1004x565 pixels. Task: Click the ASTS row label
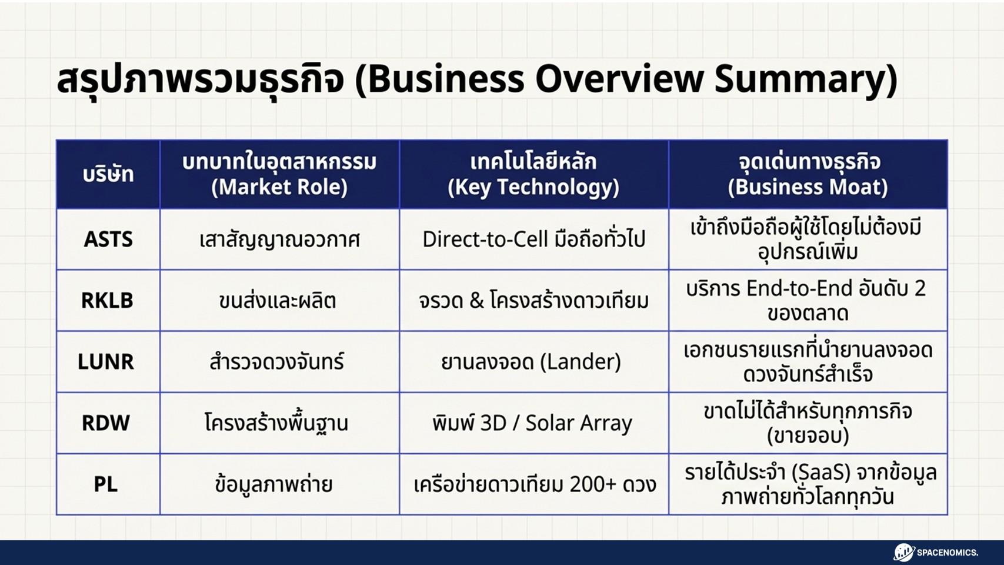[108, 240]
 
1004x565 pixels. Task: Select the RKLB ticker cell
[107, 301]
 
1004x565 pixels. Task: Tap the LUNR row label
[106, 361]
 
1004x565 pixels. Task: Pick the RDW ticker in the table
[106, 423]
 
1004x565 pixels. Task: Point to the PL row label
[106, 484]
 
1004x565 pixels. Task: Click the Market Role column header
[279, 187]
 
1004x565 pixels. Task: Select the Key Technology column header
[533, 187]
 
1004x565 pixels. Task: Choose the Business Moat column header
[808, 187]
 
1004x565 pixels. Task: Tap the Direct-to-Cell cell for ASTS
[533, 240]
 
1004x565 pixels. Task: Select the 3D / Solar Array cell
[532, 423]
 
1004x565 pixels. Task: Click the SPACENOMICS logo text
[947, 553]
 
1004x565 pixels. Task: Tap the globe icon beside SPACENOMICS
[903, 553]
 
